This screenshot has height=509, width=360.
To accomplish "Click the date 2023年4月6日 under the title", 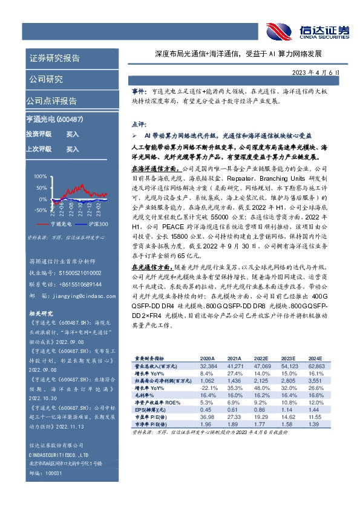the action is (315, 73).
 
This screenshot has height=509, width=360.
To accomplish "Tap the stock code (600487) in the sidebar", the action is (75, 120).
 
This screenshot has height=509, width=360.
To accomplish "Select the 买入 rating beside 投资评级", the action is (72, 134).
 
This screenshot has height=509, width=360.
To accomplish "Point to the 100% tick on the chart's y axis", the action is (40, 177).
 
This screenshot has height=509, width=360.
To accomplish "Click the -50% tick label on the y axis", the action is (40, 210).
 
